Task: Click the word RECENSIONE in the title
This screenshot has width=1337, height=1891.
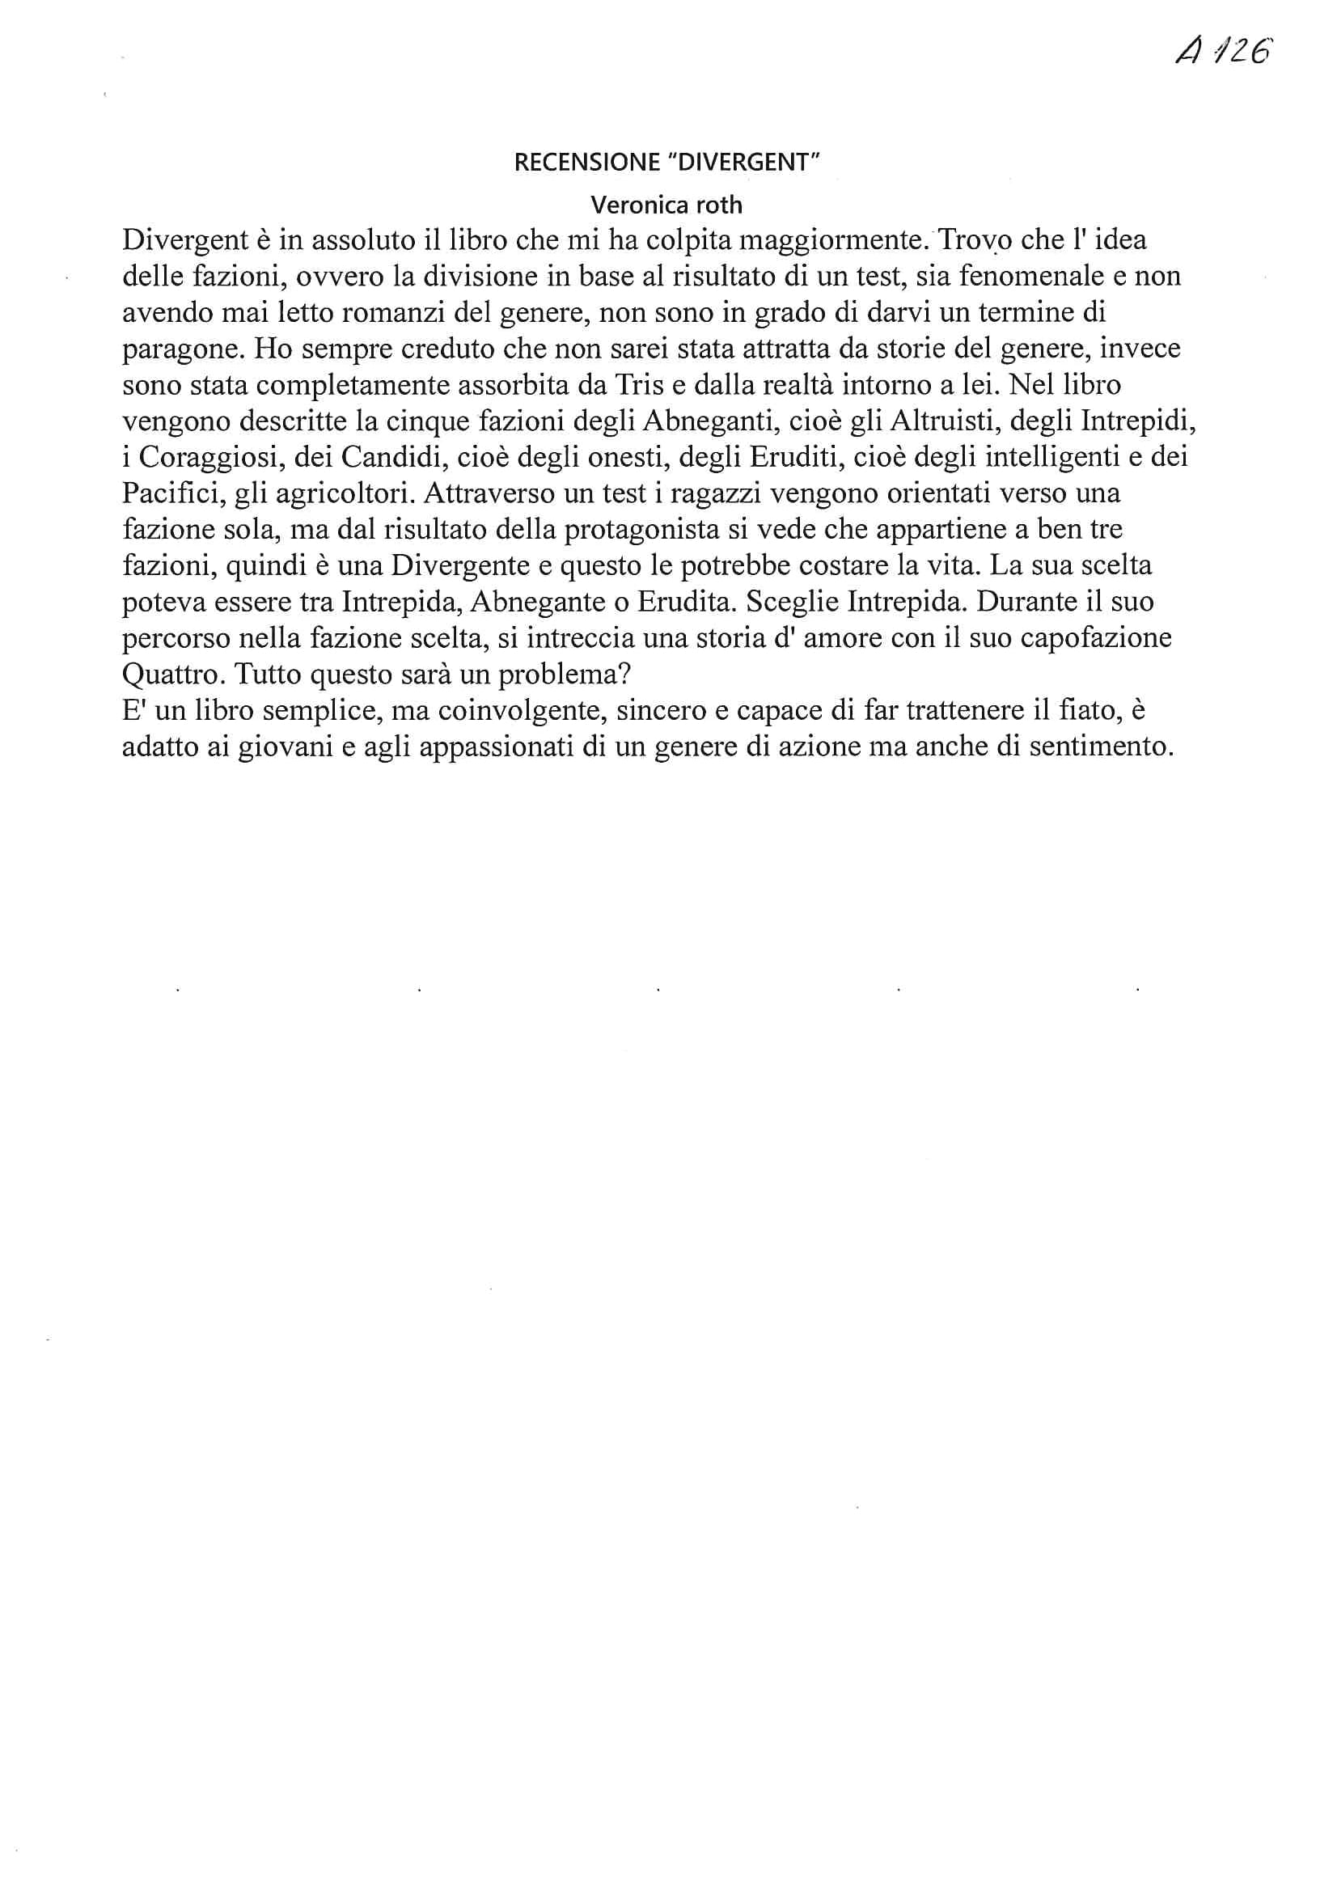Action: point(586,163)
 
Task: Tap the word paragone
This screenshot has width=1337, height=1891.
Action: point(182,349)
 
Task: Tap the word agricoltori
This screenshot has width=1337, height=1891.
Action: point(344,494)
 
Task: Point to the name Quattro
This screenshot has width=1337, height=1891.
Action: point(173,675)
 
